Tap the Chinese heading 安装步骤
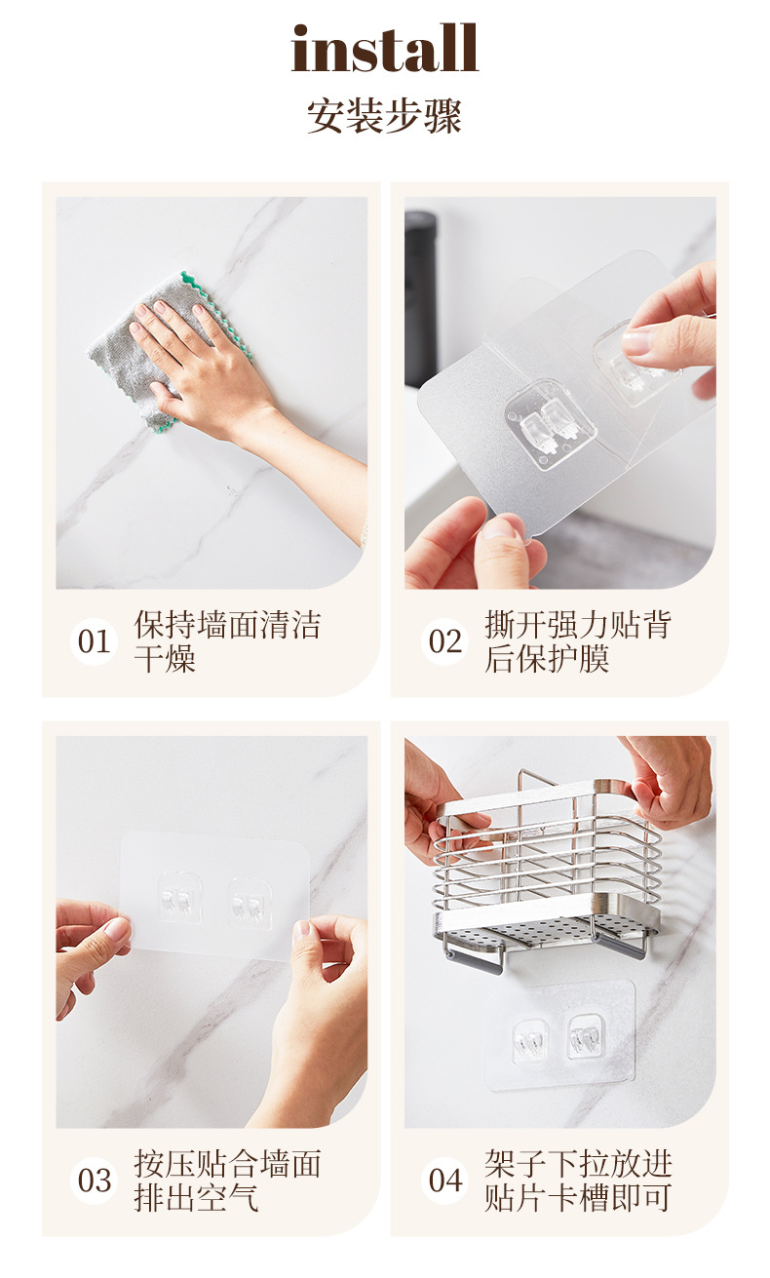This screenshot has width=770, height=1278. coord(384,116)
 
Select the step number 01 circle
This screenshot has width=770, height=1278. coord(94,641)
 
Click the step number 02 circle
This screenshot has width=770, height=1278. coord(444,641)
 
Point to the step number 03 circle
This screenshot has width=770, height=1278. coord(94,1181)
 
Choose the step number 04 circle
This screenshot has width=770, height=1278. coord(444,1181)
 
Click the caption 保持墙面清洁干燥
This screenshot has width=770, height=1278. coord(227,641)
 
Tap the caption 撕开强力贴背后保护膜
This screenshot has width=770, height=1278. coord(578,641)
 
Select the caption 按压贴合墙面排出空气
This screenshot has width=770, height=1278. coord(227,1181)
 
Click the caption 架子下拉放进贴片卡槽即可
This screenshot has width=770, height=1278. coord(578,1181)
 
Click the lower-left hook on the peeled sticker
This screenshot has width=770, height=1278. coord(551,424)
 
